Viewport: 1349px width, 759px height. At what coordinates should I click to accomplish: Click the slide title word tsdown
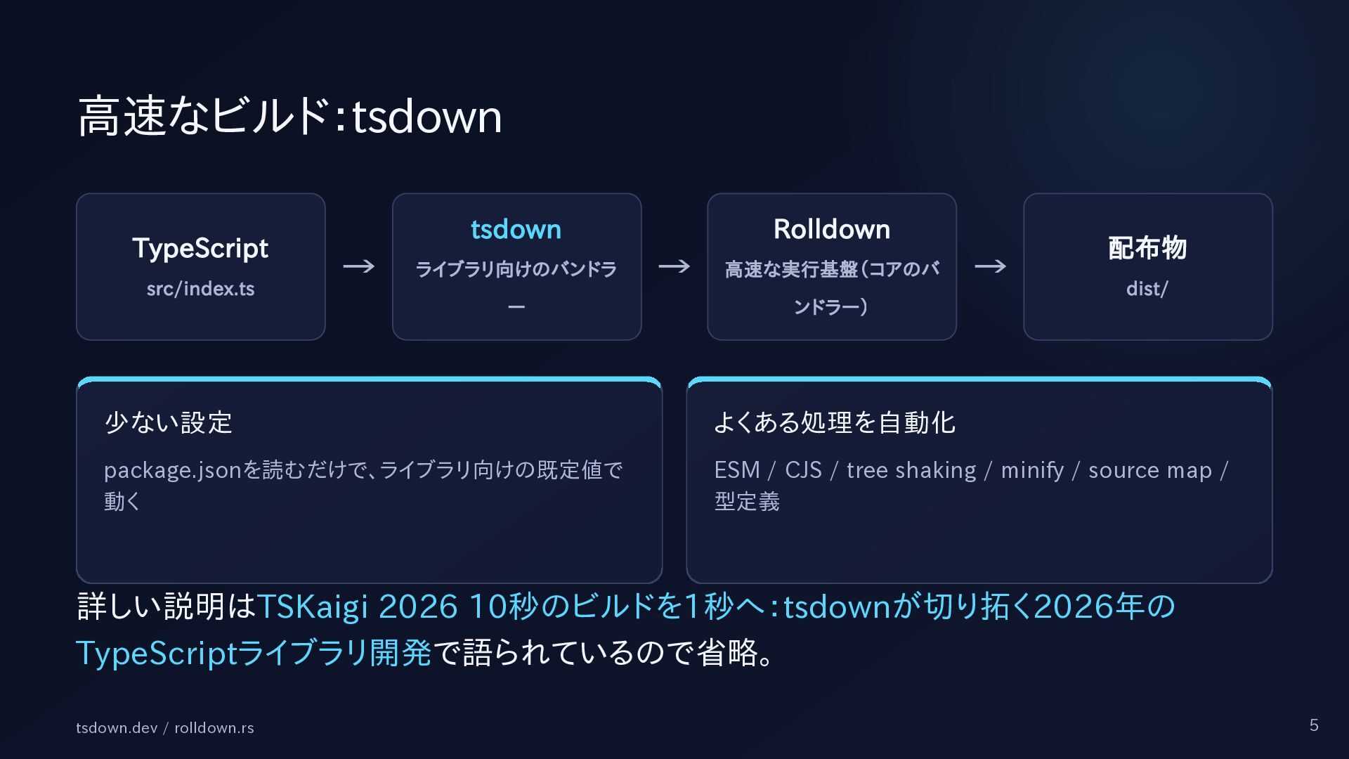pyautogui.click(x=426, y=117)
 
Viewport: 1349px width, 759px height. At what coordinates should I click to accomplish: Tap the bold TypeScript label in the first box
pyautogui.click(x=200, y=249)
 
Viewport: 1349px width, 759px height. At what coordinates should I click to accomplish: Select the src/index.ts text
pyautogui.click(x=200, y=289)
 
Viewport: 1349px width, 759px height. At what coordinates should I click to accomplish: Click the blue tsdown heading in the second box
pyautogui.click(x=516, y=229)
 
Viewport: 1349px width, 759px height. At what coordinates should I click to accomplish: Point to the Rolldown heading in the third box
pyautogui.click(x=832, y=229)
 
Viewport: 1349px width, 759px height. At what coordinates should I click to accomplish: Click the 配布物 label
pyautogui.click(x=1147, y=248)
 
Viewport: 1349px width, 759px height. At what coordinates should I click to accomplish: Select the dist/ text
pyautogui.click(x=1147, y=289)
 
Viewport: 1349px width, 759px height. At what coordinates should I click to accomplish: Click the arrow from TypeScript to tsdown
pyautogui.click(x=358, y=266)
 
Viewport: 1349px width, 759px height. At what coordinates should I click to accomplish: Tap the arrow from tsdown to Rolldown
pyautogui.click(x=674, y=266)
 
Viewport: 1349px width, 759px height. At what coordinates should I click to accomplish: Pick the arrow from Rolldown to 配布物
pyautogui.click(x=990, y=266)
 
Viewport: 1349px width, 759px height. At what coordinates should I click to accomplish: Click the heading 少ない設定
pyautogui.click(x=169, y=422)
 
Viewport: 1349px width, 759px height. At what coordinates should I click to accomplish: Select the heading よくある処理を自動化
pyautogui.click(x=835, y=422)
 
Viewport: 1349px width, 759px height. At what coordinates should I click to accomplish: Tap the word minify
pyautogui.click(x=1032, y=470)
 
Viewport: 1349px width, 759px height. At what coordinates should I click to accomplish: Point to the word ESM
pyautogui.click(x=737, y=469)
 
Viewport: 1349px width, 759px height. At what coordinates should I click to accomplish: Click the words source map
pyautogui.click(x=1150, y=470)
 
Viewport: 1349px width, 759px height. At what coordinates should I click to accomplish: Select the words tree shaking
pyautogui.click(x=911, y=470)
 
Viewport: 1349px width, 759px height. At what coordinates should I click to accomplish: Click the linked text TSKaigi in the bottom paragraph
pyautogui.click(x=313, y=607)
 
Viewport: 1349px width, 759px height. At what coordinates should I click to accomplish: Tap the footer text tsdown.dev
pyautogui.click(x=117, y=728)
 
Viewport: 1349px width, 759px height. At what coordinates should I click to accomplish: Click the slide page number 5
pyautogui.click(x=1314, y=725)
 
